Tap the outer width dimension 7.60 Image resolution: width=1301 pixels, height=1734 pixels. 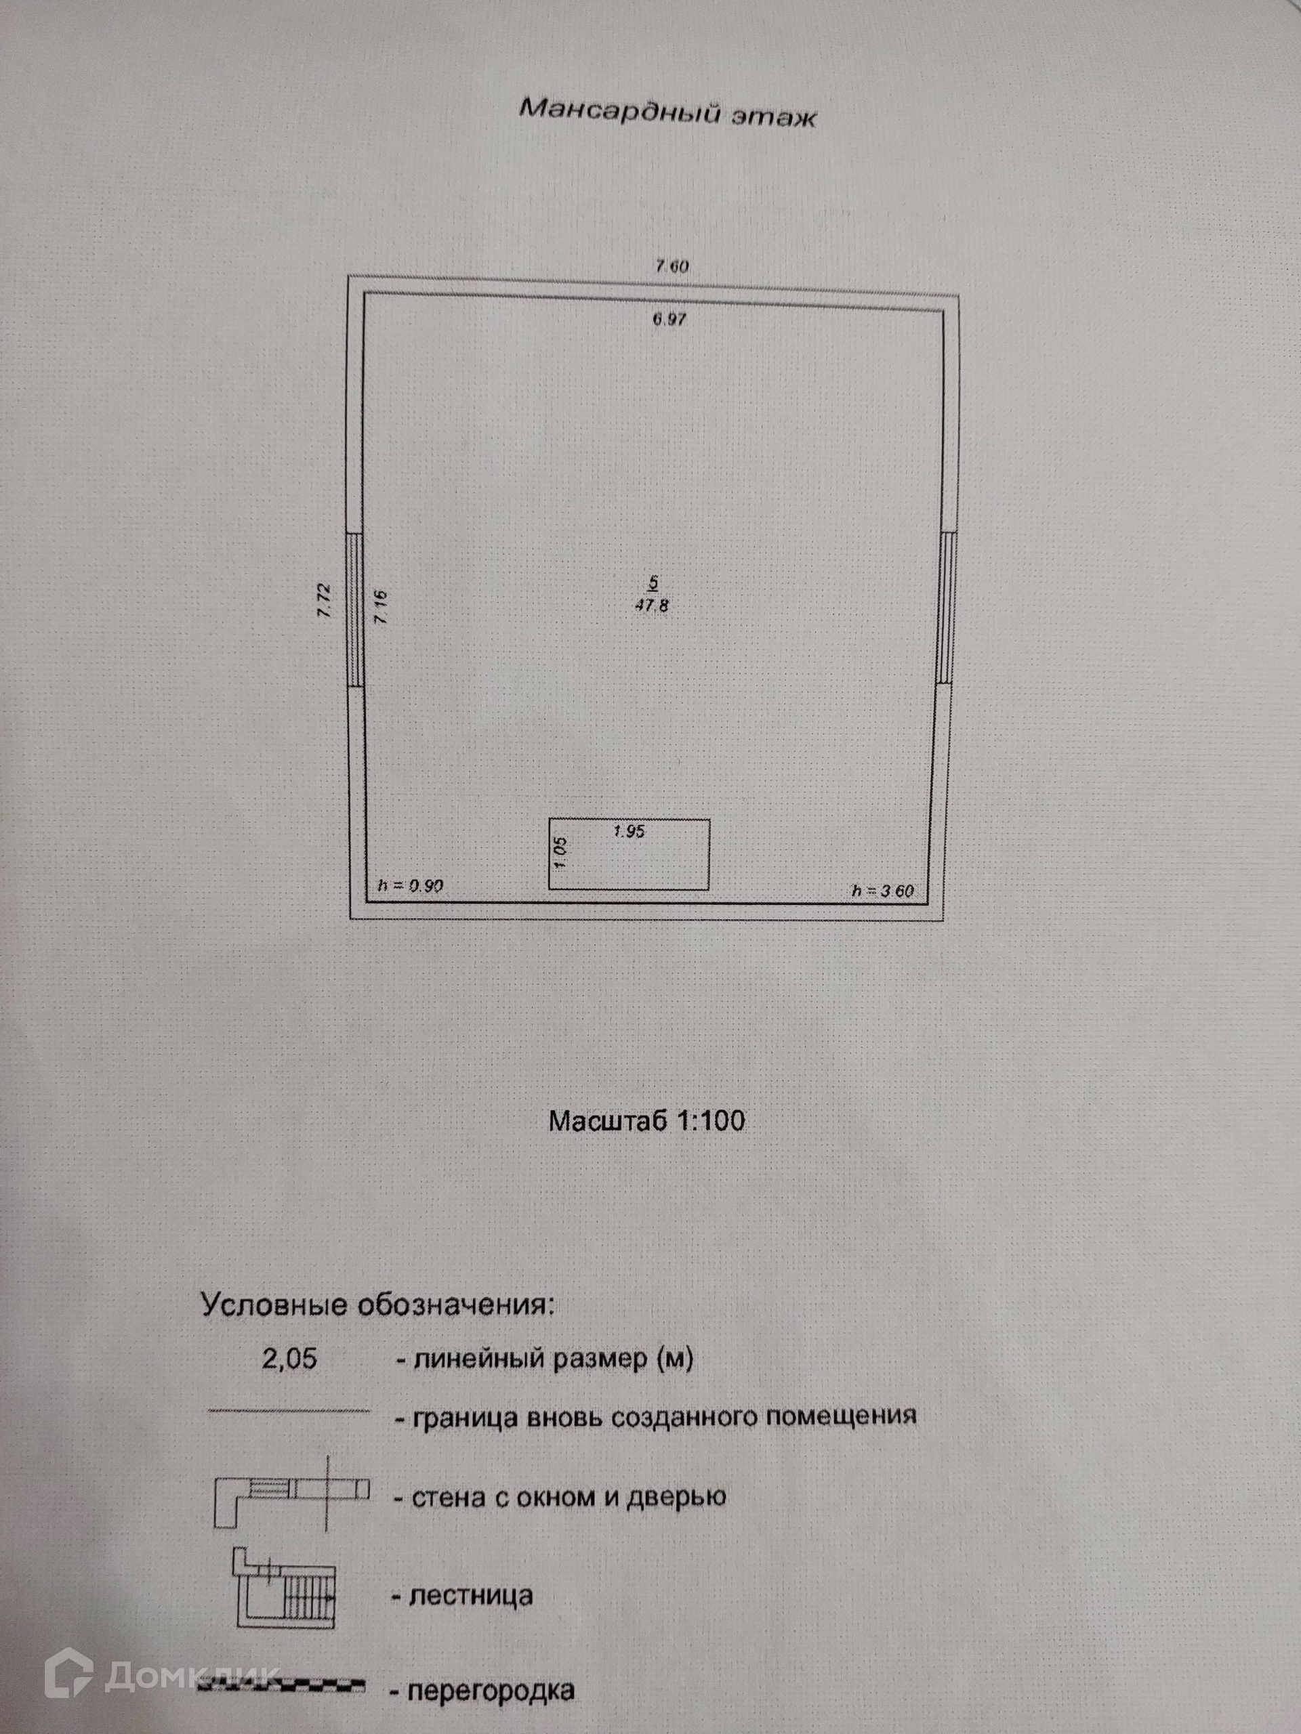pyautogui.click(x=672, y=266)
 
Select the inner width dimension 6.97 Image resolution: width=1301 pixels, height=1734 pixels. pyautogui.click(x=669, y=320)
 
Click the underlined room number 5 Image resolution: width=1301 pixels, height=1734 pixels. pyautogui.click(x=653, y=583)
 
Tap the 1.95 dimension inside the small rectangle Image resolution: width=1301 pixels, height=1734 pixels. pyautogui.click(x=629, y=832)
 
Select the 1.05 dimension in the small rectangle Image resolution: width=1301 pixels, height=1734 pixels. pyautogui.click(x=560, y=853)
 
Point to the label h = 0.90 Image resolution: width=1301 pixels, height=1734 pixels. pyautogui.click(x=411, y=886)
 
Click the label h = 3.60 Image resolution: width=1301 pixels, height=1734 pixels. pyautogui.click(x=883, y=891)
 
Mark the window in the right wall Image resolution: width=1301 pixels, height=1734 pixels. pyautogui.click(x=947, y=608)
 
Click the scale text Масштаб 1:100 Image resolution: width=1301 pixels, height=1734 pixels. pyautogui.click(x=646, y=1120)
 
